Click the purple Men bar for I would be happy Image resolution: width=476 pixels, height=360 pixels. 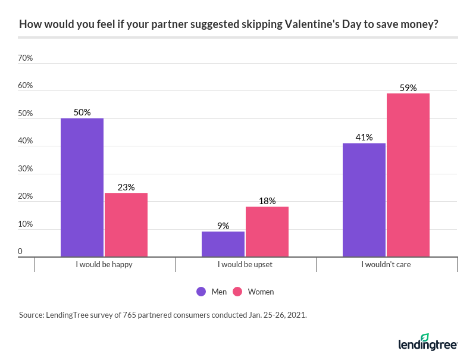(x=82, y=187)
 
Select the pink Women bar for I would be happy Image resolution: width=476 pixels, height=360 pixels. (x=126, y=224)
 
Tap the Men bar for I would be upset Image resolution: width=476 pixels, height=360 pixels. (x=223, y=244)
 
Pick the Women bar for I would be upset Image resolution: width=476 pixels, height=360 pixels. (x=267, y=231)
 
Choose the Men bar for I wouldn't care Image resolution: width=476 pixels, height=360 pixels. (x=364, y=200)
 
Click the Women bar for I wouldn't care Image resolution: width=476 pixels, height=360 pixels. (x=408, y=175)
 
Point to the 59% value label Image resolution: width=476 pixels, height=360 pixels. (x=408, y=88)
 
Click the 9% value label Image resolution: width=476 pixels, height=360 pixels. (x=223, y=226)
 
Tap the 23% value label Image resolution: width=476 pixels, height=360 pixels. (x=126, y=187)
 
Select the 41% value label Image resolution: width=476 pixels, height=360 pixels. (x=364, y=137)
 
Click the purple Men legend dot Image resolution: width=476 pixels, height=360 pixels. (x=201, y=292)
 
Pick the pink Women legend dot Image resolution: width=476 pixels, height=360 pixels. (x=237, y=292)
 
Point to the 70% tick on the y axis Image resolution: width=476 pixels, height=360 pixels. (x=26, y=58)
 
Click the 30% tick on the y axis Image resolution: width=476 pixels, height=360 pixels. (x=26, y=169)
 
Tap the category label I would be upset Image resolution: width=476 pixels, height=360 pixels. (x=245, y=265)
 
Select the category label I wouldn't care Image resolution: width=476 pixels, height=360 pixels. (x=386, y=265)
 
